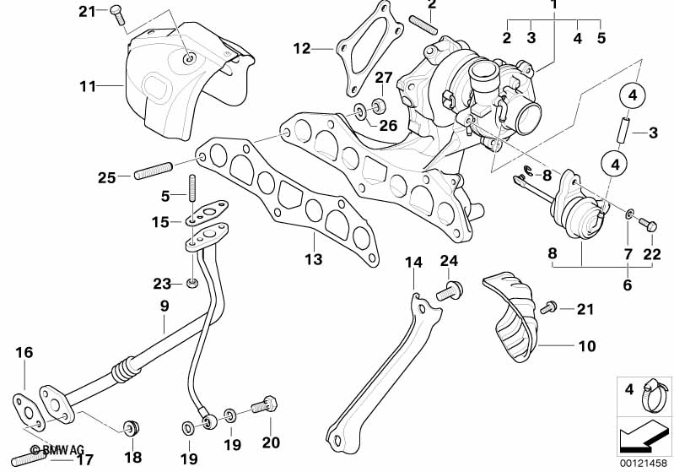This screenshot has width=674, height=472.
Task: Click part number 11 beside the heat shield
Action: click(x=88, y=85)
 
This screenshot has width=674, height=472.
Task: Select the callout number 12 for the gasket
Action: click(x=302, y=48)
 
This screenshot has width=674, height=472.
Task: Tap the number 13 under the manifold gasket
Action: click(x=314, y=259)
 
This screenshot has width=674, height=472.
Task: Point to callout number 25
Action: click(x=105, y=177)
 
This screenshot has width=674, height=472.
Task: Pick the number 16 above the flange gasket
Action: click(x=24, y=353)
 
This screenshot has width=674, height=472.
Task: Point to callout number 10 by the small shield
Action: click(x=587, y=345)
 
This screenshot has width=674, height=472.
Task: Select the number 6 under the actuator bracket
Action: click(x=627, y=285)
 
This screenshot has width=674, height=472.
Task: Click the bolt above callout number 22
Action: click(x=650, y=225)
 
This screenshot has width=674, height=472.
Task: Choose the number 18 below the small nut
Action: click(x=132, y=458)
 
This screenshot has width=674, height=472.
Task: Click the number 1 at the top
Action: click(x=554, y=5)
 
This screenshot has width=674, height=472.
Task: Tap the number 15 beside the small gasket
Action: click(x=160, y=222)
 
